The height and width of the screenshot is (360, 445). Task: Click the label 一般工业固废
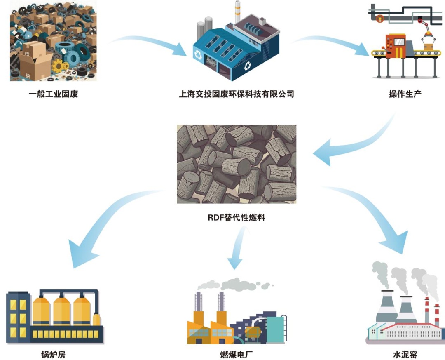click(x=53, y=94)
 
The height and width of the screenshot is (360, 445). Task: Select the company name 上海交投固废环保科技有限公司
click(x=237, y=94)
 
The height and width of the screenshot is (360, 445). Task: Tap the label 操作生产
click(x=405, y=94)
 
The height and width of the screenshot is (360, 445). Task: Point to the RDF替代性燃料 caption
click(x=237, y=218)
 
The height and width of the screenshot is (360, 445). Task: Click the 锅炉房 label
click(x=53, y=354)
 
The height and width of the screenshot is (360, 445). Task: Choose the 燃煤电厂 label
click(x=237, y=354)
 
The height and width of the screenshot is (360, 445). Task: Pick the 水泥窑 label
click(x=405, y=354)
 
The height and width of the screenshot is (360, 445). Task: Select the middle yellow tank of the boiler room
click(x=62, y=310)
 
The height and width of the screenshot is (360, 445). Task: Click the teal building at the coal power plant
click(x=275, y=329)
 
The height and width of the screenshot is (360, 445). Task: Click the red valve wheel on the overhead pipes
click(x=380, y=19)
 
